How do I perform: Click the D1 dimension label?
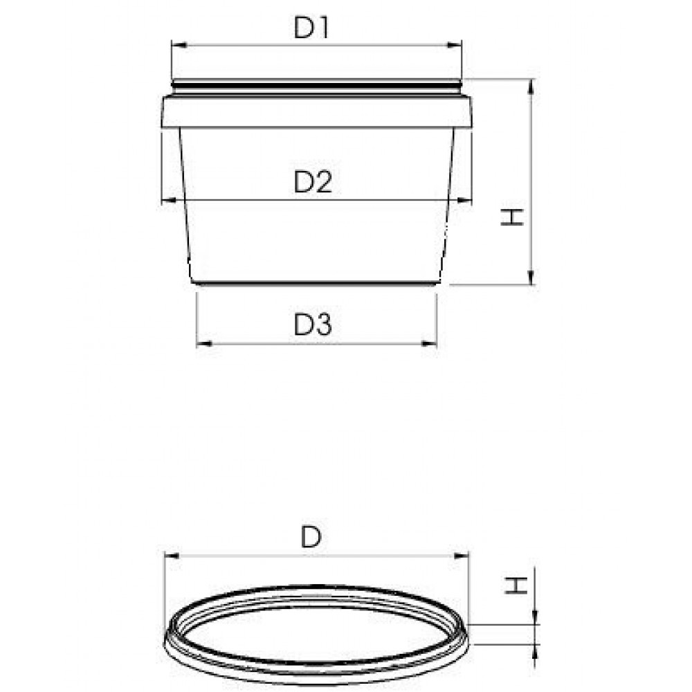(x=311, y=28)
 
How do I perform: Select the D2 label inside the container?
(x=313, y=182)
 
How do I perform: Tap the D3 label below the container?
(x=313, y=325)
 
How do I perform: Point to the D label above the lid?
(x=311, y=538)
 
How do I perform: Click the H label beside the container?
(x=512, y=217)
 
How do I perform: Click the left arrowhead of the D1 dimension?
(x=179, y=45)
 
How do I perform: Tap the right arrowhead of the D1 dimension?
(x=454, y=45)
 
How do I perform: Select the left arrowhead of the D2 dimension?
(x=170, y=201)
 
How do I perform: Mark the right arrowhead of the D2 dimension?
(x=464, y=201)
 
